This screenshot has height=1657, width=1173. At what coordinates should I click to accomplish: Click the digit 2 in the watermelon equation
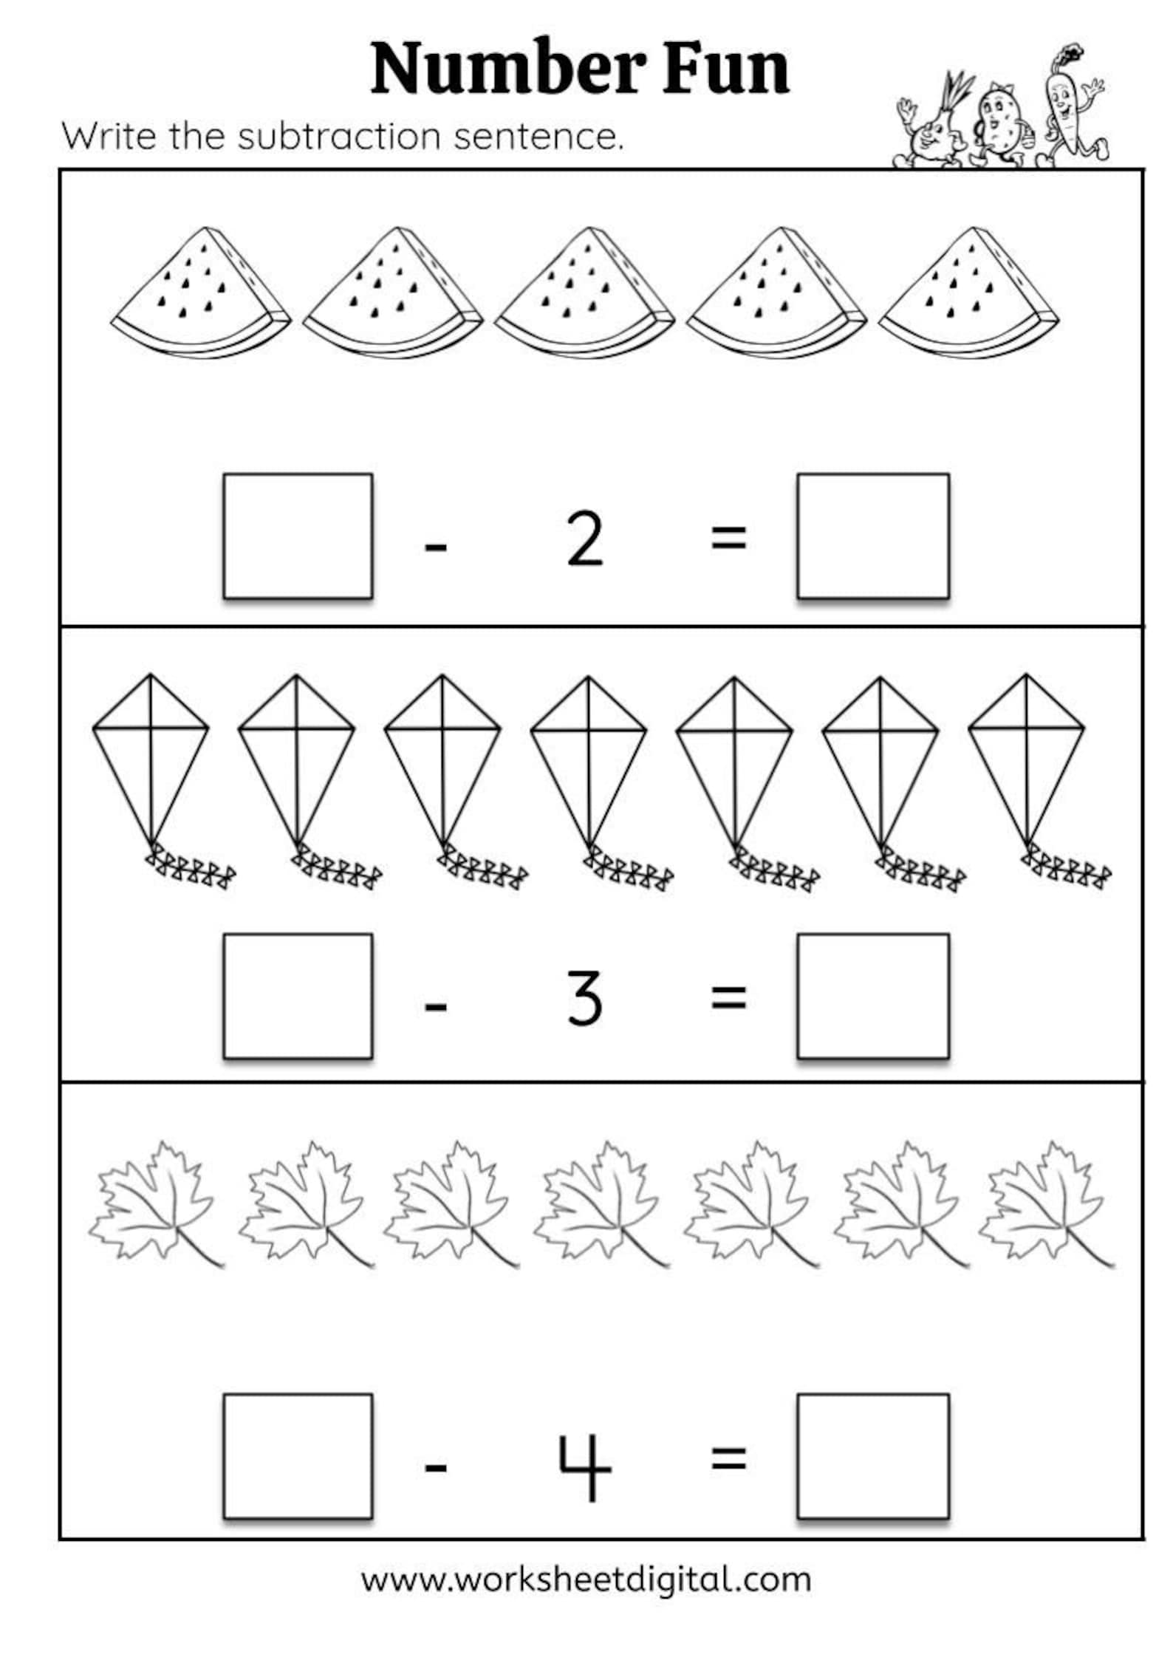click(x=584, y=540)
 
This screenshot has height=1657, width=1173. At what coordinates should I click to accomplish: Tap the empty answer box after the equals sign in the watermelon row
click(x=872, y=536)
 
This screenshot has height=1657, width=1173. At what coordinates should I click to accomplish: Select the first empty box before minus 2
click(x=298, y=536)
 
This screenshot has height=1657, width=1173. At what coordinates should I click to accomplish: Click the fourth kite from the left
click(x=589, y=761)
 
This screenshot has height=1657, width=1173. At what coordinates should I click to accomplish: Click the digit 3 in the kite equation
click(x=584, y=1000)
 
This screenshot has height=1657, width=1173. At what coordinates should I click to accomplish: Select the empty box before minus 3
click(x=298, y=996)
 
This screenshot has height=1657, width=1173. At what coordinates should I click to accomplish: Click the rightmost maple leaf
click(x=1045, y=1203)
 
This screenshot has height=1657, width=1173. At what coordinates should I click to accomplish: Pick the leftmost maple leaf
click(x=155, y=1203)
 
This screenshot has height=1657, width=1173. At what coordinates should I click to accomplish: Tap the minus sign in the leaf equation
click(x=436, y=1466)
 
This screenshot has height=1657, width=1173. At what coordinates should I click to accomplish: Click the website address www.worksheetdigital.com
click(x=586, y=1579)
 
